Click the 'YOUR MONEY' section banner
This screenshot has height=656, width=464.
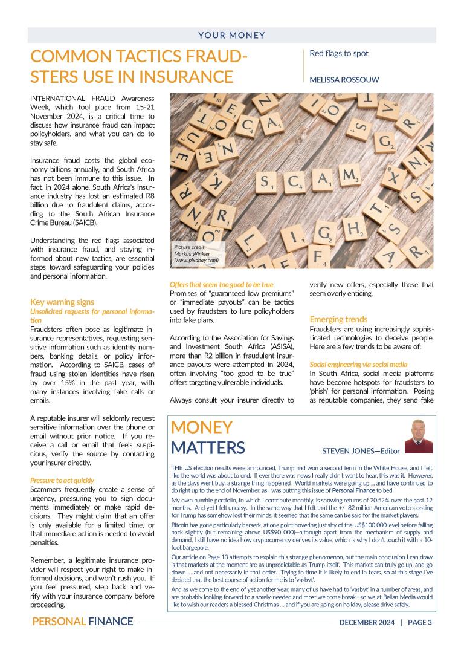[x=232, y=35]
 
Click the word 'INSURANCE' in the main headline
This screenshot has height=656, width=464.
[x=187, y=77]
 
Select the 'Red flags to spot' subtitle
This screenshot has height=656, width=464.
[x=338, y=53]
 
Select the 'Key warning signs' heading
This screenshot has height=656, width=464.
[x=62, y=302]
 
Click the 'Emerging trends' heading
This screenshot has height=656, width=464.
[x=338, y=319]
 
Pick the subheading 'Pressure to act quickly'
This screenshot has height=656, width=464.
[x=62, y=481]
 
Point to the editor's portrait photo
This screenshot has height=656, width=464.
[x=419, y=436]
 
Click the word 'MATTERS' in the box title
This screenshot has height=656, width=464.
[x=208, y=447]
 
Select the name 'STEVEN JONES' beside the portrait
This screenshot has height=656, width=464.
[x=346, y=450]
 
